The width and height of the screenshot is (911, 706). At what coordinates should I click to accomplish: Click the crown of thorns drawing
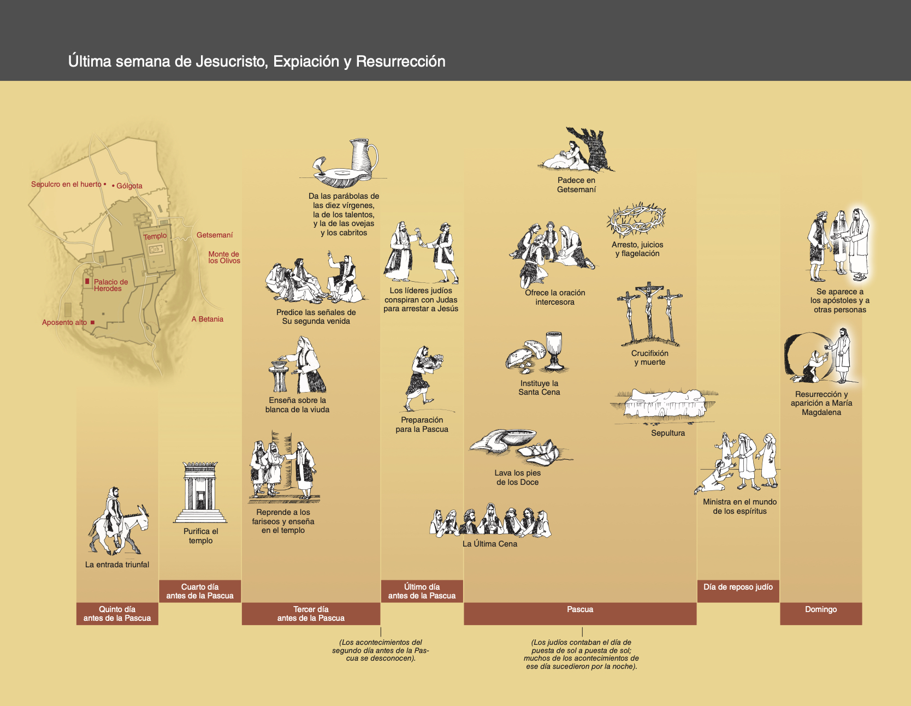[636, 220]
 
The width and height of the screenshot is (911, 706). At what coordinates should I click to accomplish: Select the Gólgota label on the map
[129, 186]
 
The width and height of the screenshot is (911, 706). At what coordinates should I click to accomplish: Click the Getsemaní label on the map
[215, 235]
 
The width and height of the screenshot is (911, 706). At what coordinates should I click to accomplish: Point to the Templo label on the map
[155, 236]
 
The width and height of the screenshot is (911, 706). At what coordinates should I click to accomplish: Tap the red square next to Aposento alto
[92, 323]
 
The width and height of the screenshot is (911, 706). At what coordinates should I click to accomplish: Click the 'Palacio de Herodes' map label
[110, 285]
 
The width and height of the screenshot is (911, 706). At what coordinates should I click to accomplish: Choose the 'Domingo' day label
[821, 609]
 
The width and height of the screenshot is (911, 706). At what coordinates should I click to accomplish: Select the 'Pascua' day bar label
[580, 609]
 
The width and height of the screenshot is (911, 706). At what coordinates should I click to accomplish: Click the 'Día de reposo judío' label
[738, 587]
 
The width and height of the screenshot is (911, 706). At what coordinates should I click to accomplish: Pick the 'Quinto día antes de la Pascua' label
[117, 614]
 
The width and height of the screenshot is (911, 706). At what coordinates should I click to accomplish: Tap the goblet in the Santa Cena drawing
[554, 349]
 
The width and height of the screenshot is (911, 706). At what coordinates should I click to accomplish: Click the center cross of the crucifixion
[649, 311]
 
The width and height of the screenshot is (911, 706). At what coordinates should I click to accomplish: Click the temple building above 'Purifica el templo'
[200, 491]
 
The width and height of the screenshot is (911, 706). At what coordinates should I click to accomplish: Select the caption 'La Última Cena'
[490, 544]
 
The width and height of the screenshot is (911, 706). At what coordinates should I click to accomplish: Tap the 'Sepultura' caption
[667, 433]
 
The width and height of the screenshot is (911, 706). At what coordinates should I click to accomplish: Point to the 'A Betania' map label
[208, 319]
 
